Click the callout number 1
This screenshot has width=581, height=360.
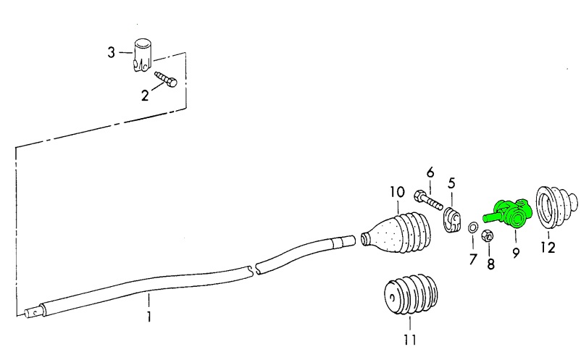click(149, 317)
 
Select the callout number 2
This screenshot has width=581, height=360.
click(145, 95)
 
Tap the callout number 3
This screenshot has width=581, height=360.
click(112, 52)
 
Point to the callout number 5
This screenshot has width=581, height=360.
click(451, 183)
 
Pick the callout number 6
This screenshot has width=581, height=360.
click(430, 172)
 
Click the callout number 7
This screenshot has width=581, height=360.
click(472, 258)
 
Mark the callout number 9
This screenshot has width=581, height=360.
click(517, 252)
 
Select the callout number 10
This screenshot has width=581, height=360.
click(396, 193)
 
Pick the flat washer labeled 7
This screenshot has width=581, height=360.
click(472, 230)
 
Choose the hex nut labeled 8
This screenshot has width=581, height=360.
click(488, 235)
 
